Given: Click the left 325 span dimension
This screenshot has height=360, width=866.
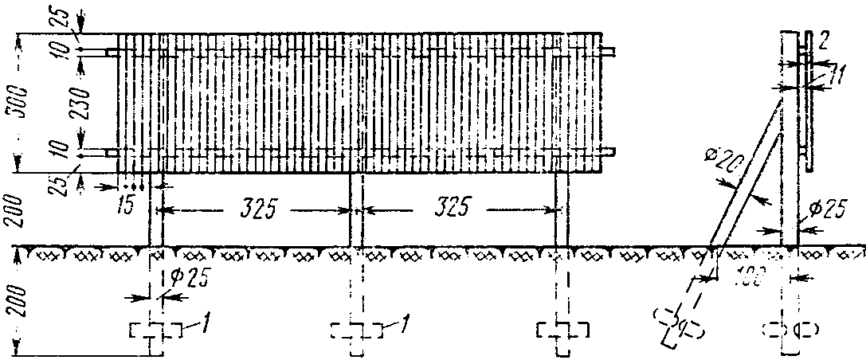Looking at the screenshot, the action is [259, 209].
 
